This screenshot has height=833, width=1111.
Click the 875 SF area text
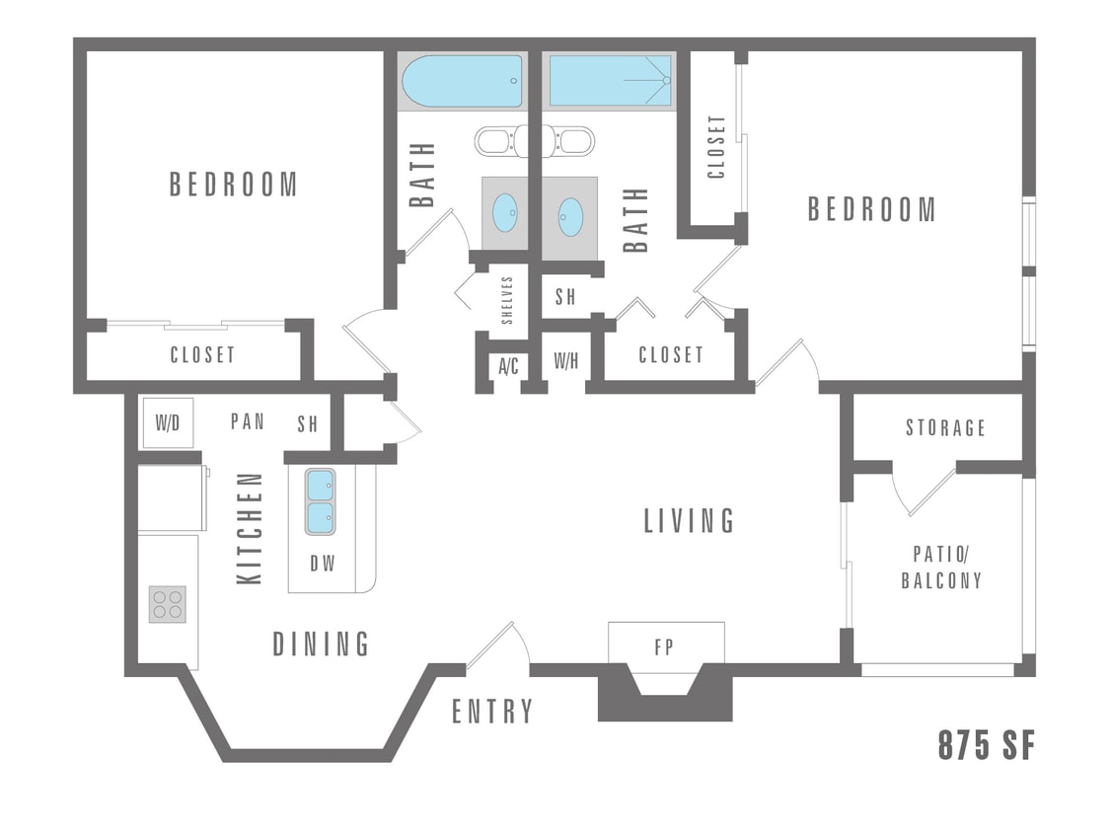pyautogui.click(x=986, y=746)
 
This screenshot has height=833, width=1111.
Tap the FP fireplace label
pyautogui.click(x=665, y=648)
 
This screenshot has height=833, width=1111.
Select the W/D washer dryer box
pyautogui.click(x=167, y=422)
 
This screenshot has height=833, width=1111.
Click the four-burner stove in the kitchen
pyautogui.click(x=167, y=604)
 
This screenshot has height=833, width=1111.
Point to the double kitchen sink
pyautogui.click(x=320, y=501)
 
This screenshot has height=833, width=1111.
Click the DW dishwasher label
pyautogui.click(x=323, y=565)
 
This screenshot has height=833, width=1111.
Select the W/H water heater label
pyautogui.click(x=565, y=361)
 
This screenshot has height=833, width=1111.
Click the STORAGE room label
pyautogui.click(x=945, y=427)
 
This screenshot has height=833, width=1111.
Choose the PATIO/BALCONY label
pyautogui.click(x=941, y=567)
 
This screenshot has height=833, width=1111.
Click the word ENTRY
pyautogui.click(x=492, y=712)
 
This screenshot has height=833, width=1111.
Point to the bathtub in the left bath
pyautogui.click(x=461, y=81)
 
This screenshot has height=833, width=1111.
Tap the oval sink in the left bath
pyautogui.click(x=504, y=212)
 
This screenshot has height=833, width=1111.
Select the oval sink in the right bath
pyautogui.click(x=570, y=217)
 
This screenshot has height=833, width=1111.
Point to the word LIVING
pyautogui.click(x=689, y=520)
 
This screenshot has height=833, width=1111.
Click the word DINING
pyautogui.click(x=321, y=644)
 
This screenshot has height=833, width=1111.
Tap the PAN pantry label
pyautogui.click(x=248, y=421)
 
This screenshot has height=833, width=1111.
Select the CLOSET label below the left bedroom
pyautogui.click(x=202, y=354)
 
